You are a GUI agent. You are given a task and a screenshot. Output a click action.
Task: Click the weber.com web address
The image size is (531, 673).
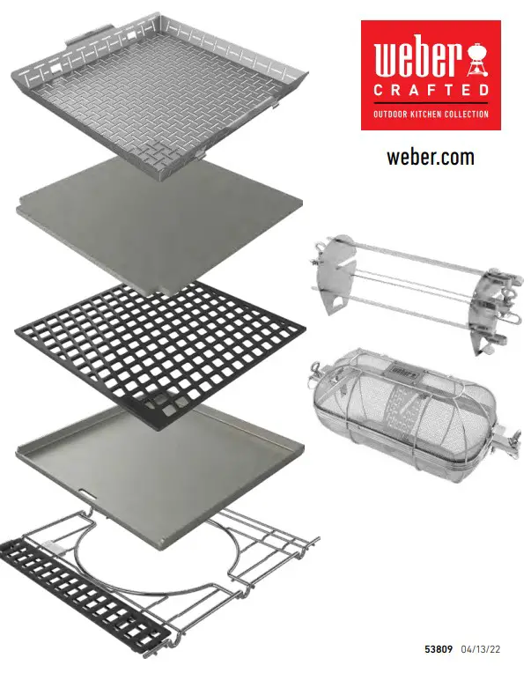(x=431, y=158)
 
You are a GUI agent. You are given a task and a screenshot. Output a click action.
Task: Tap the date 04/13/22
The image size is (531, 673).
(x=481, y=649)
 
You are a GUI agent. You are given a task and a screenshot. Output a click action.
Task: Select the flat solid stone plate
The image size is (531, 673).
(x=159, y=225)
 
